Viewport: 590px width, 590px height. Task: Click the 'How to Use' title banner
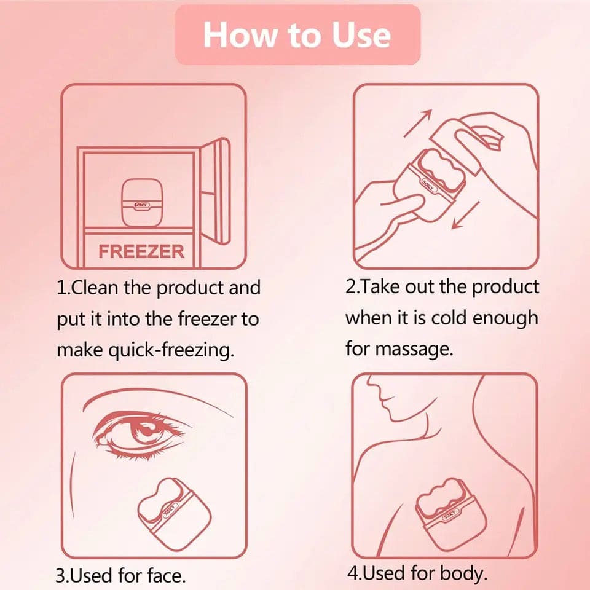[x=297, y=35]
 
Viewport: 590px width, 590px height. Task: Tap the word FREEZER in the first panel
[x=141, y=251]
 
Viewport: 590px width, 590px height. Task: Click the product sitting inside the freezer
[x=142, y=202]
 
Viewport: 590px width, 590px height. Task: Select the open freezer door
[x=216, y=191]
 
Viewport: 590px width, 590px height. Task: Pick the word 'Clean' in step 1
[x=95, y=288]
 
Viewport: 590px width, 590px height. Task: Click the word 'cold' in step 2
[x=450, y=318]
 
